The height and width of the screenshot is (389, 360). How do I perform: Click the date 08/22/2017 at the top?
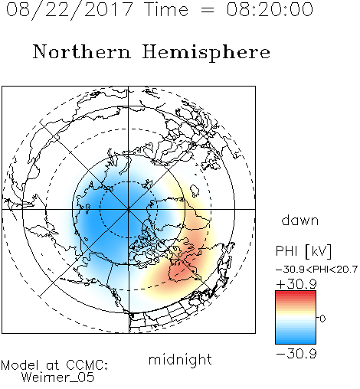[x=69, y=10]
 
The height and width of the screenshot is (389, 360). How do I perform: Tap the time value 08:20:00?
[x=270, y=9]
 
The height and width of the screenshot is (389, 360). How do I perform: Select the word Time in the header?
[x=166, y=9]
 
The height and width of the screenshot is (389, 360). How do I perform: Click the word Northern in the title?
[x=81, y=51]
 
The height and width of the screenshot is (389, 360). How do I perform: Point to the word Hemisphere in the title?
[x=206, y=53]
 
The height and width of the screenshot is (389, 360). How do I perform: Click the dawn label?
[x=300, y=220]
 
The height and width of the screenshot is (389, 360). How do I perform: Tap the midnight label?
[x=180, y=359]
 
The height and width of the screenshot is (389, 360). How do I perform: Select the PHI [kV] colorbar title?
[x=303, y=251]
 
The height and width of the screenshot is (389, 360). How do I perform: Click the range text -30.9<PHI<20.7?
[x=316, y=270]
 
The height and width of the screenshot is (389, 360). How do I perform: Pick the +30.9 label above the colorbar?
[x=296, y=284]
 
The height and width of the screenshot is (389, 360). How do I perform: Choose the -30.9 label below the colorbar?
[x=296, y=354]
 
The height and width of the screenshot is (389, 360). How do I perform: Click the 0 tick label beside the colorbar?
[x=322, y=319]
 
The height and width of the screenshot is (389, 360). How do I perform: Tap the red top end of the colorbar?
[x=296, y=293]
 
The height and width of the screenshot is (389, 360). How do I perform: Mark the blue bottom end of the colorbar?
[x=296, y=342]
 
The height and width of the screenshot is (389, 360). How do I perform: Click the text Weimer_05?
[x=58, y=378]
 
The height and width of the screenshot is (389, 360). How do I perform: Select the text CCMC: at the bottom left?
[x=87, y=365]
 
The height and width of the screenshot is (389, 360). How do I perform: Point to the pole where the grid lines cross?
[x=128, y=209]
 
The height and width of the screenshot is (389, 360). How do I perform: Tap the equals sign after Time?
[x=208, y=11]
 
